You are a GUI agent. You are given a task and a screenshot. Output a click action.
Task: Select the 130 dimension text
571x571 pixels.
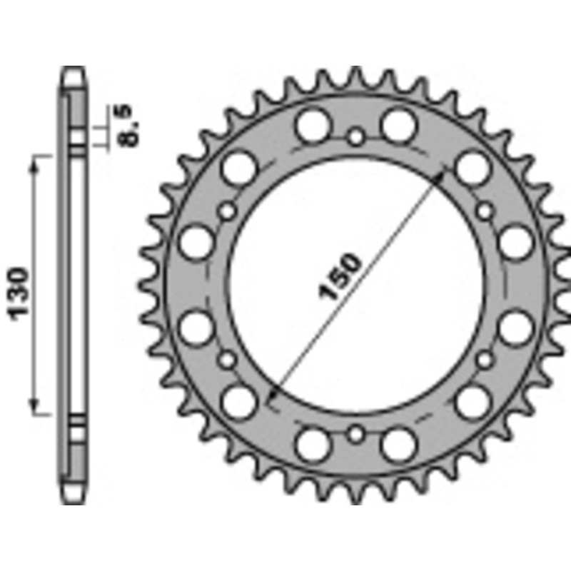19,293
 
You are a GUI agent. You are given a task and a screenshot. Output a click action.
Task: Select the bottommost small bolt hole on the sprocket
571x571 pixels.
356,434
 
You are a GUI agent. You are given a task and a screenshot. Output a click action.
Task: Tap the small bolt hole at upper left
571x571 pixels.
228,211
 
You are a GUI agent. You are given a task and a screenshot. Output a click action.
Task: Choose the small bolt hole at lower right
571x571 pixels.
485,359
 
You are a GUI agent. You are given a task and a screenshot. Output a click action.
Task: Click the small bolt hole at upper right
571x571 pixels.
485,211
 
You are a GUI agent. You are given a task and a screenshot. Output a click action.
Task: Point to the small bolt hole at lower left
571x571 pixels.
228,359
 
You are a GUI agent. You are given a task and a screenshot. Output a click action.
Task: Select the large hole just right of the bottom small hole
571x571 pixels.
398,445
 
